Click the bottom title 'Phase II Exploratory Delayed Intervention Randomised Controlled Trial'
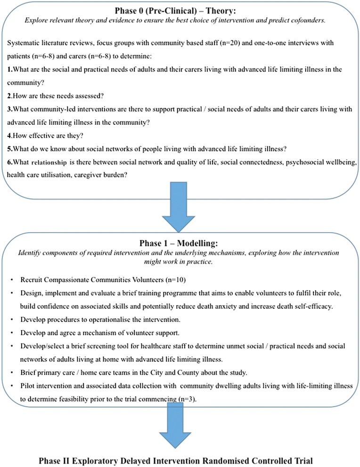click(180, 459)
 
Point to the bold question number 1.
click(10, 69)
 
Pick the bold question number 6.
click(10, 162)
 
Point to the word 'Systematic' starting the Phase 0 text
click(24, 43)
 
